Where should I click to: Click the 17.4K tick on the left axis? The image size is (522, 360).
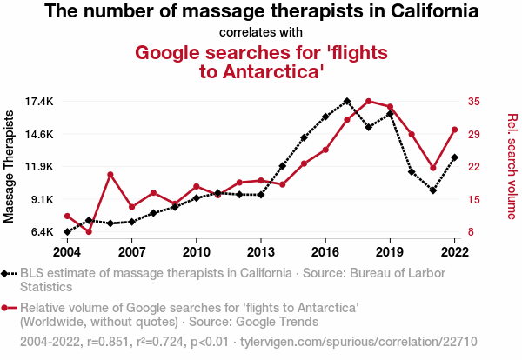pos(39,102)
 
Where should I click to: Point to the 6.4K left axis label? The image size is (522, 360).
pos(40,232)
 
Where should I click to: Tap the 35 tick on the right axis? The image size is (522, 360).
pos(472,102)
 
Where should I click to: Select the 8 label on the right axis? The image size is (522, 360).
pos(470,232)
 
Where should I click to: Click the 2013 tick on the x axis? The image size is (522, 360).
pos(261,251)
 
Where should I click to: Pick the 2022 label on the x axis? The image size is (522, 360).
pos(454,251)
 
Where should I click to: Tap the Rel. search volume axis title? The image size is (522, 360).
pos(512,166)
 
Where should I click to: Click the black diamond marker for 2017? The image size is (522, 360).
pos(347,102)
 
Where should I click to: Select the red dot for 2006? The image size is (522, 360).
pos(110,175)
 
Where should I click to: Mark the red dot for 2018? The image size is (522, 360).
pos(369,102)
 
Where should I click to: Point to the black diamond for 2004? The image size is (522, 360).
pos(67,232)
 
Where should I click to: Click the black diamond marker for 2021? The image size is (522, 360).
pos(432,190)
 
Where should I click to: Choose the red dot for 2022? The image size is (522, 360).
pos(454,130)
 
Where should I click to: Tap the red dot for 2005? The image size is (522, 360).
pos(89,231)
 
